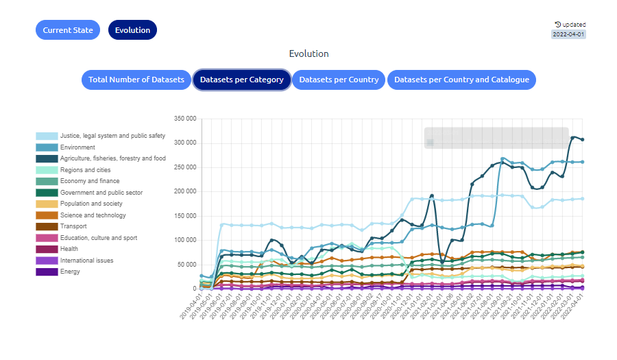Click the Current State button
(68, 30)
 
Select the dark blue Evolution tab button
(132, 30)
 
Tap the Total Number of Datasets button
(136, 80)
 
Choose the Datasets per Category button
(241, 80)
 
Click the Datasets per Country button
(339, 80)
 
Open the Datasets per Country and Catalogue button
(461, 80)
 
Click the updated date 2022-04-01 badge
(569, 34)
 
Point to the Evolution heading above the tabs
(308, 53)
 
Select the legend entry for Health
(69, 249)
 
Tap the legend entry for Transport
(73, 226)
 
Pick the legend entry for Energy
(70, 272)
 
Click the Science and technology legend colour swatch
(47, 215)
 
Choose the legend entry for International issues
(86, 261)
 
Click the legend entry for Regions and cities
(85, 170)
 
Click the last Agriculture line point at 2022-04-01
(583, 139)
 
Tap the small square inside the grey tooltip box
(430, 143)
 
